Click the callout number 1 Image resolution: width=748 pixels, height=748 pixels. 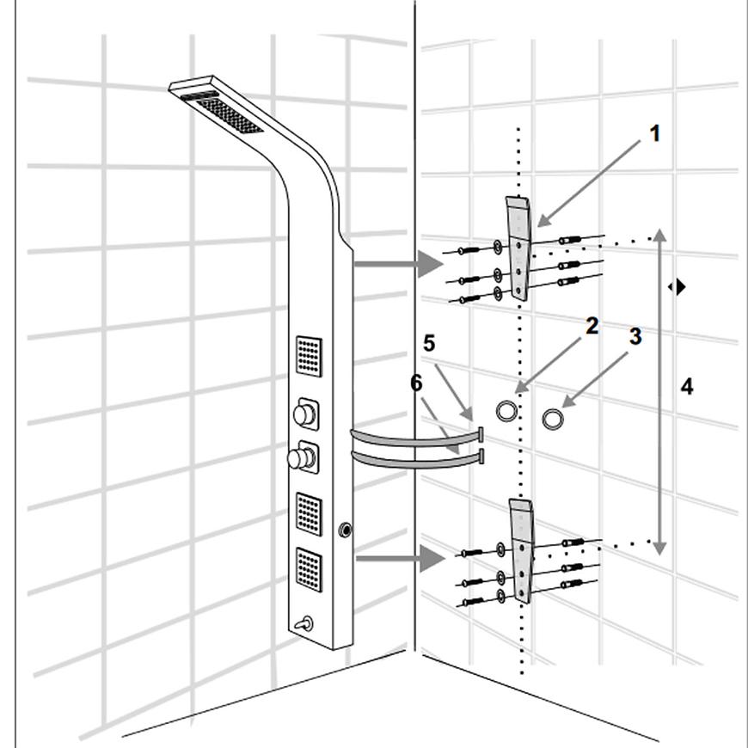point(655,134)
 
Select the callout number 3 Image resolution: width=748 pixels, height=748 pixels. point(635,336)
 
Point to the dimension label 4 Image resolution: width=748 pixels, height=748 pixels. point(686,387)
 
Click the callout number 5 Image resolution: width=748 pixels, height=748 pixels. point(429,342)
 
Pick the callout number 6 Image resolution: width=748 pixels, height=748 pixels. point(416,382)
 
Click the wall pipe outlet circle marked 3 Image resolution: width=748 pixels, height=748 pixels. point(553,419)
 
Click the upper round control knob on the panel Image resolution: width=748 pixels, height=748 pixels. point(303,414)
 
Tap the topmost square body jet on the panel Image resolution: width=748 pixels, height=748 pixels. point(310,355)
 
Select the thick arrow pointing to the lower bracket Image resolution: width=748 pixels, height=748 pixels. point(399,559)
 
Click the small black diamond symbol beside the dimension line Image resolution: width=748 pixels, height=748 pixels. point(678,286)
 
